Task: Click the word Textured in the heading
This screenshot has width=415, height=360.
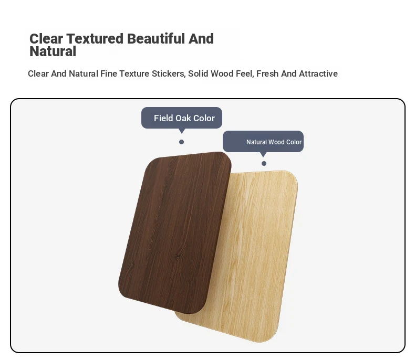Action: tap(95, 39)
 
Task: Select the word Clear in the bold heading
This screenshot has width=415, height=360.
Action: tap(46, 39)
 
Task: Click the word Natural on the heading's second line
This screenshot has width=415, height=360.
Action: tap(53, 51)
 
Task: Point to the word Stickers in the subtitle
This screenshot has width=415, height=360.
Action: tap(168, 73)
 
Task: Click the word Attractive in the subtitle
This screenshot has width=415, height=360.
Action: tap(318, 73)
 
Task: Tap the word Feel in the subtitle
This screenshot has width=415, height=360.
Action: tap(245, 73)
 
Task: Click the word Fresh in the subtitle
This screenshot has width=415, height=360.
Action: tap(267, 73)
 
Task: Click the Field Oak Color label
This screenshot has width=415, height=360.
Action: tap(184, 118)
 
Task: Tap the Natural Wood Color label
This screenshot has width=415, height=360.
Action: tap(274, 142)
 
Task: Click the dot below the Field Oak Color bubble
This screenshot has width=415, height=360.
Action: tap(181, 142)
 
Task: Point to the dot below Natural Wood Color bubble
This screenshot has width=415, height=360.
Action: tap(264, 163)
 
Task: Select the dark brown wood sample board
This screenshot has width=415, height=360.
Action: tap(175, 232)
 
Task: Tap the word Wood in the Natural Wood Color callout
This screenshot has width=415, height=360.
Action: tap(276, 142)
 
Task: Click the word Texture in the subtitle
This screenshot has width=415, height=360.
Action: tap(134, 73)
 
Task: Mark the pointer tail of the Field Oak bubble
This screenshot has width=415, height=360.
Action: tap(182, 131)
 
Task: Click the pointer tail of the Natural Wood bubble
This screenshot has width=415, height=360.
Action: tap(263, 154)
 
